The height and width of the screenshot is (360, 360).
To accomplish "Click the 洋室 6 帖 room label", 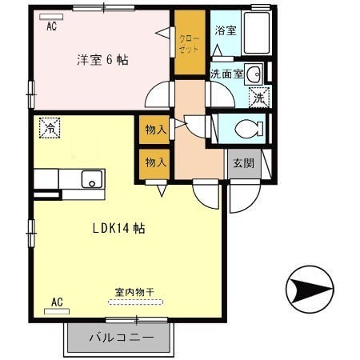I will (103, 60).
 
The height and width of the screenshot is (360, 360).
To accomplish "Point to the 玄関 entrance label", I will (243, 163).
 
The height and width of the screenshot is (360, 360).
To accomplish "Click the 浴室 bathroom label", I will (225, 30).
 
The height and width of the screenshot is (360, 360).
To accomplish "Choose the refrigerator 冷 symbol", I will (50, 127).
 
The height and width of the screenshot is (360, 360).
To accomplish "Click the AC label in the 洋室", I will (51, 26).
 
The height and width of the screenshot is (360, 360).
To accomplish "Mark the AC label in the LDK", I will (57, 302).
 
